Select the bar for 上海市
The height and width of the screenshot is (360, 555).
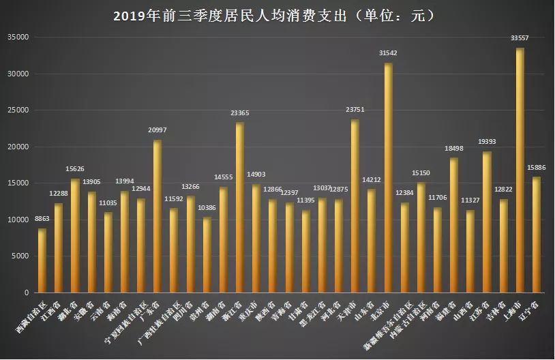[520, 170]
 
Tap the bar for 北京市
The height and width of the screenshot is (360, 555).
[388, 177]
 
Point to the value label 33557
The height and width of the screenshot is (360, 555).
[520, 38]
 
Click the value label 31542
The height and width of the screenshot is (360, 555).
[388, 52]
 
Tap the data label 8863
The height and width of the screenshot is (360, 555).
[41, 218]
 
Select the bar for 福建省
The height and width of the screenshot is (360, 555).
[454, 225]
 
